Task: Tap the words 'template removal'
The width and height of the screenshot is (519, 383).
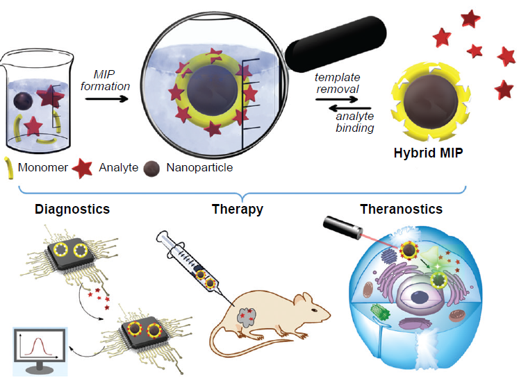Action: (x=336, y=83)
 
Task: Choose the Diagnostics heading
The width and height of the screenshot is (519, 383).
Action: (x=72, y=209)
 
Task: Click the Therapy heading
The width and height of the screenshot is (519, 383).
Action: (x=237, y=209)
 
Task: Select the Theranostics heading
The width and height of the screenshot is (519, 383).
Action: (x=401, y=209)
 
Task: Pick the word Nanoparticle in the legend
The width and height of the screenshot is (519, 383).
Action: (x=199, y=167)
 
